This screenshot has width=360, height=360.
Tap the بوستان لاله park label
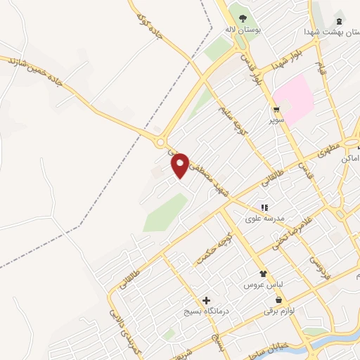click(239, 30)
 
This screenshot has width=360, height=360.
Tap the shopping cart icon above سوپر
click(277, 110)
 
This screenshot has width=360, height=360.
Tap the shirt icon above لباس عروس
click(263, 274)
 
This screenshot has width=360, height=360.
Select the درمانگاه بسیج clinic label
click(207, 311)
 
